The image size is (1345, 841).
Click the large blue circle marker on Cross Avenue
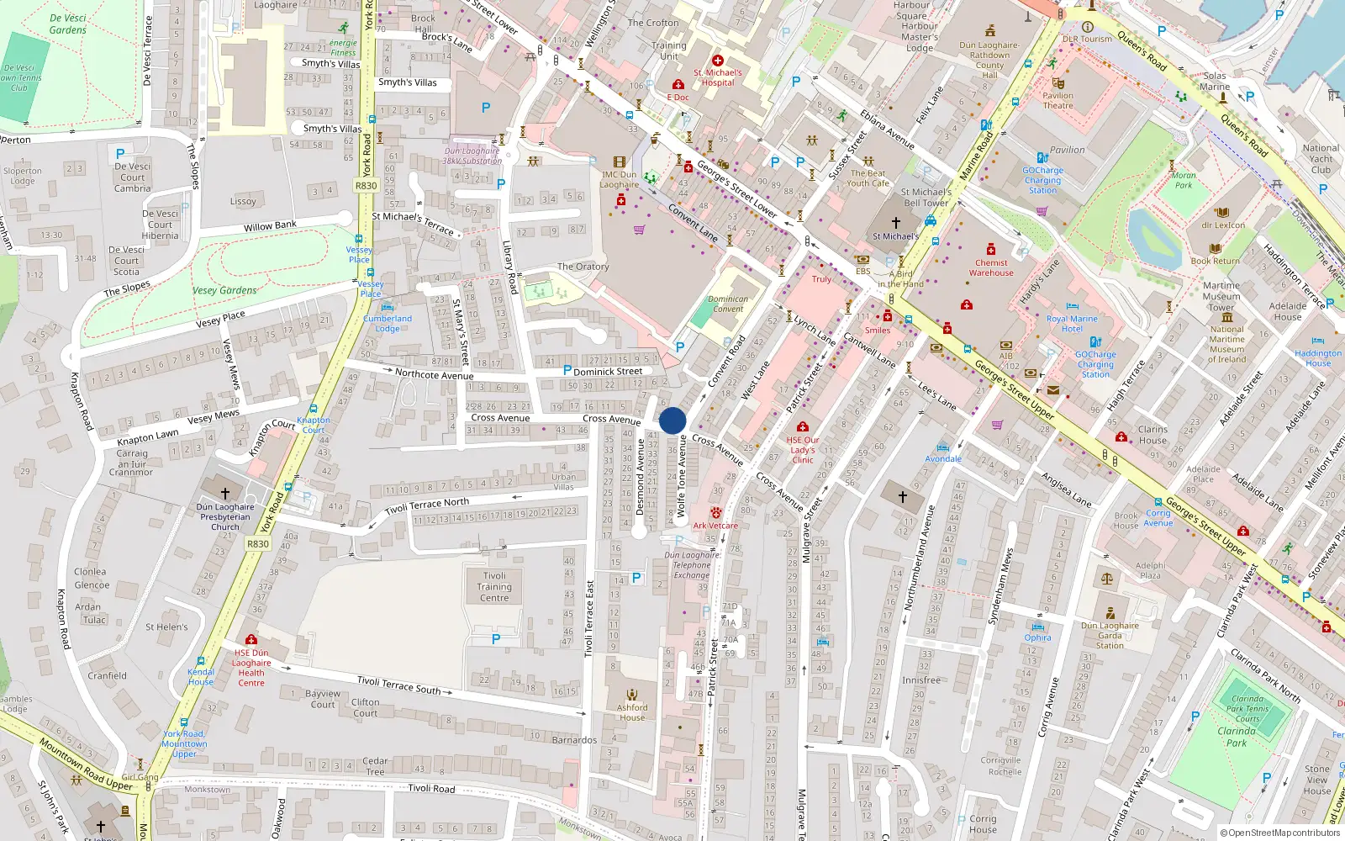point(672,420)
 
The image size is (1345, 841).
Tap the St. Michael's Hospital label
point(718,77)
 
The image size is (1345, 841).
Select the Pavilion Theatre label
point(1058,100)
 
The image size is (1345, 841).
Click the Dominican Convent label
point(728,304)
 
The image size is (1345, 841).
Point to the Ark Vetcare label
point(715,526)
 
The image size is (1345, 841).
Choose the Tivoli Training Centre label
point(494,587)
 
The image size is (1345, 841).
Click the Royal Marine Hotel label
point(1072,324)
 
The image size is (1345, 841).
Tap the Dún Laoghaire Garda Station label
point(1110,635)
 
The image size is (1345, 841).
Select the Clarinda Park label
point(1237,737)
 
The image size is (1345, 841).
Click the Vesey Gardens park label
point(224,290)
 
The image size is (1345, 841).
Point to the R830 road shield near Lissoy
point(366,186)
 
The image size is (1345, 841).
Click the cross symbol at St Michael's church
point(895,223)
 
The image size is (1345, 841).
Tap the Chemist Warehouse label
point(991,267)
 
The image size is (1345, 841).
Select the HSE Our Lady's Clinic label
point(803,450)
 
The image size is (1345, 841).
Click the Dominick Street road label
point(608,371)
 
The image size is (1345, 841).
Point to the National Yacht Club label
point(1321,158)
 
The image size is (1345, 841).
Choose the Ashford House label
point(632,712)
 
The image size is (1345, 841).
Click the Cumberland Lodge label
point(388,324)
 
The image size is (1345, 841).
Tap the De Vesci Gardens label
point(68,24)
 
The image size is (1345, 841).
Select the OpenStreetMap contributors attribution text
point(1280,833)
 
